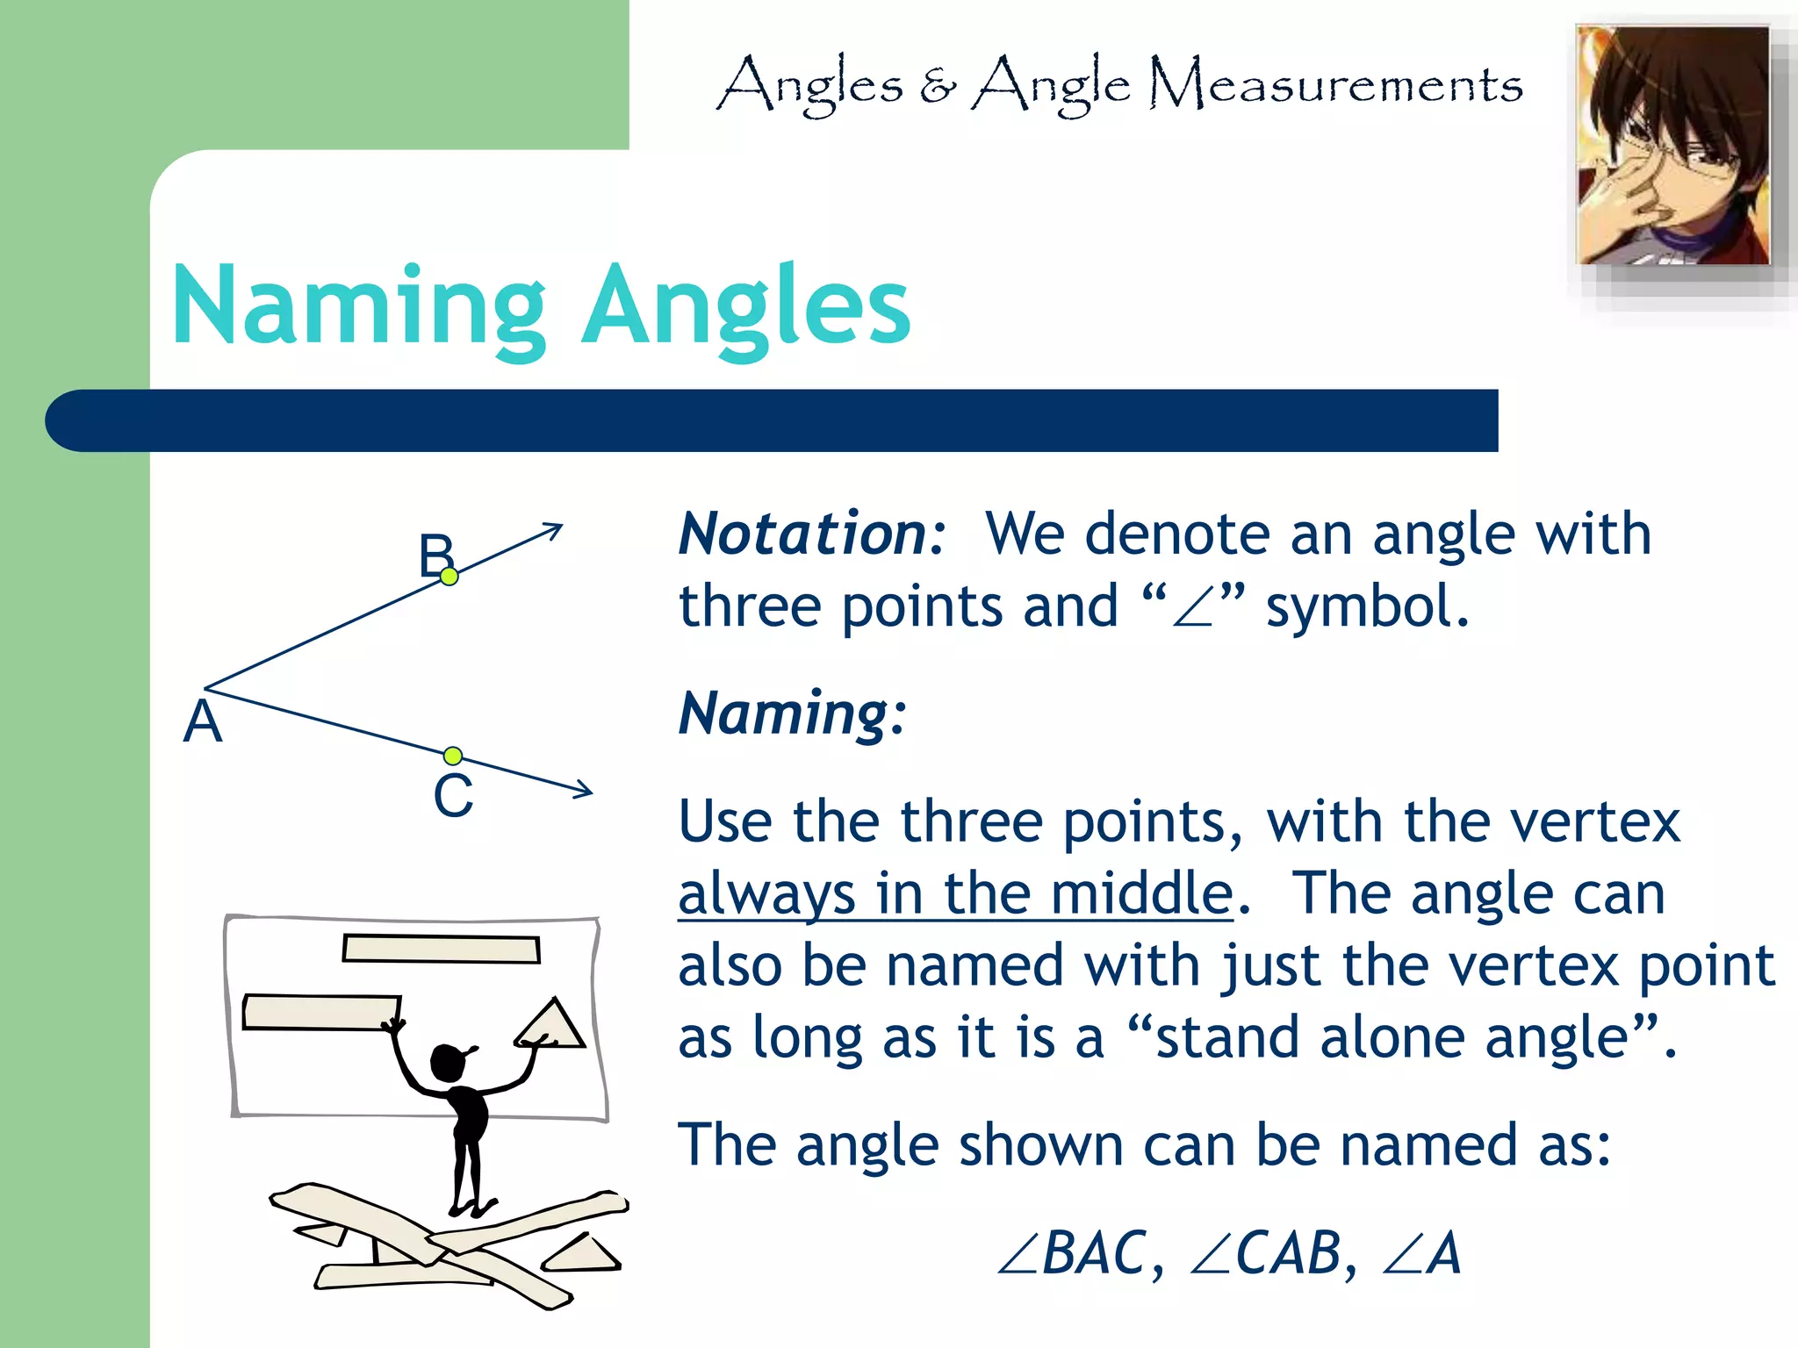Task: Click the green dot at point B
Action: [449, 577]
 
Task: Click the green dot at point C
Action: [453, 756]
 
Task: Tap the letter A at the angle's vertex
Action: [203, 723]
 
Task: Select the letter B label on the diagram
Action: [435, 554]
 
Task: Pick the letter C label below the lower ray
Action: [453, 797]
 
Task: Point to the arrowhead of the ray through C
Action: [585, 790]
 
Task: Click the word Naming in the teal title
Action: [360, 307]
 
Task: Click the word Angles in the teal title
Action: [746, 307]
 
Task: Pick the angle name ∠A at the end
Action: [1422, 1253]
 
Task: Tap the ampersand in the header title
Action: [938, 86]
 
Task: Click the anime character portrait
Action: [1673, 146]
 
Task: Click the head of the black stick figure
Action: [449, 1063]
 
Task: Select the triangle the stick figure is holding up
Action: [552, 1024]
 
